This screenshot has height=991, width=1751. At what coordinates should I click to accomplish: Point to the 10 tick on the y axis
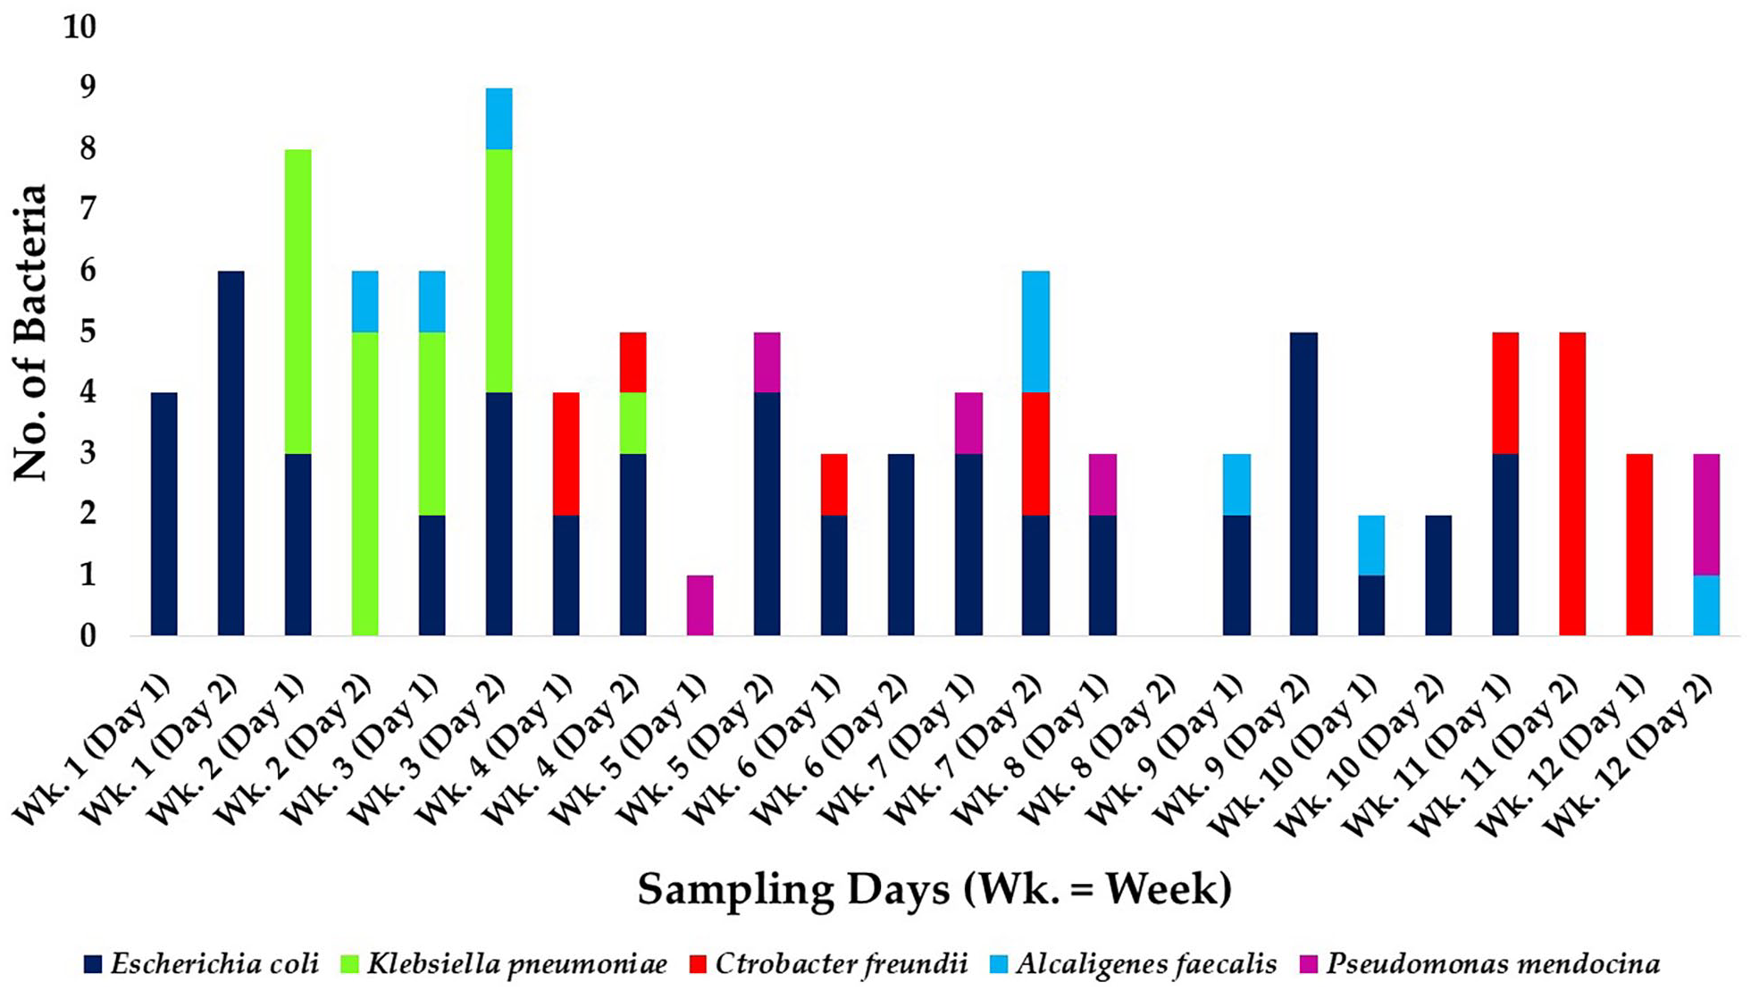click(79, 27)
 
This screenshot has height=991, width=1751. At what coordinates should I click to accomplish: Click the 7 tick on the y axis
click(87, 209)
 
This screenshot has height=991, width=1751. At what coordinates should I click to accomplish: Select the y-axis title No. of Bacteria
click(29, 332)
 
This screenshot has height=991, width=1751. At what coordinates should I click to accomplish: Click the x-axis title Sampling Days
click(934, 889)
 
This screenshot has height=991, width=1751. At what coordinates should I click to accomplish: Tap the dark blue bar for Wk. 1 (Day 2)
click(230, 453)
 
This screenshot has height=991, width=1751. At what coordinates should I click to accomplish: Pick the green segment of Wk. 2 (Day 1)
click(297, 301)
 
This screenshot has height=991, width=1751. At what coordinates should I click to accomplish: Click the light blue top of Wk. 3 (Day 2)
click(498, 119)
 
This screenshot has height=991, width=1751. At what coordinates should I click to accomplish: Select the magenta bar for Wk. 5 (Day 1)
click(700, 605)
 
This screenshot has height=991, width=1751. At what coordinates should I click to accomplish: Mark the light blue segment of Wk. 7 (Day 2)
click(1035, 332)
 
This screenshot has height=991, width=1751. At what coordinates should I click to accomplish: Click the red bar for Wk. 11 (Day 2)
click(1572, 483)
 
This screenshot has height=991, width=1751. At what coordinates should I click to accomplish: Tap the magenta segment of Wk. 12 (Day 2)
click(1706, 514)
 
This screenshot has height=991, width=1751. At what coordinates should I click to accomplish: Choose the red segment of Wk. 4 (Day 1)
click(566, 453)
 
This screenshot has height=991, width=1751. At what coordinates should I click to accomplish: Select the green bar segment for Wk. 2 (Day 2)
click(364, 483)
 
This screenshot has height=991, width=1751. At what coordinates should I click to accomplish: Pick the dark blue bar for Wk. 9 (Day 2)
click(1303, 483)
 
